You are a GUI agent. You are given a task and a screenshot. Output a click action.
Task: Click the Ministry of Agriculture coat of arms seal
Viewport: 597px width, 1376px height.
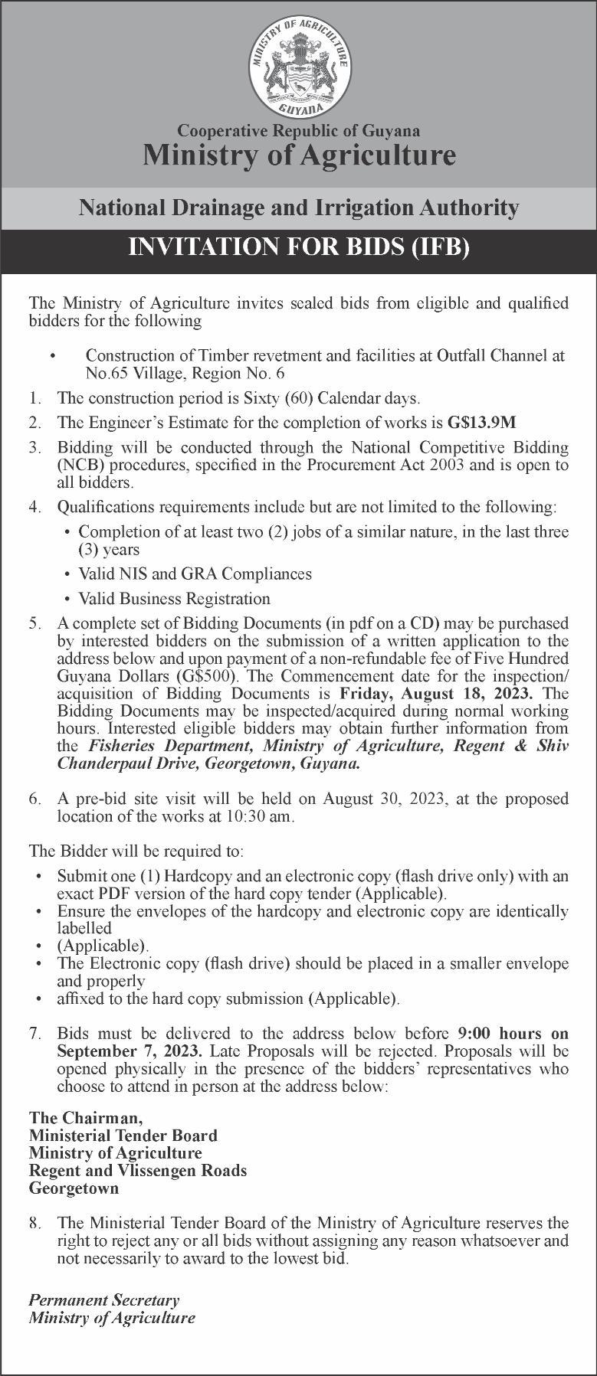click(298, 67)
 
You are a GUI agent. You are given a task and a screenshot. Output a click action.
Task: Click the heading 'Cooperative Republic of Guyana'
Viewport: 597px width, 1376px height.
click(298, 131)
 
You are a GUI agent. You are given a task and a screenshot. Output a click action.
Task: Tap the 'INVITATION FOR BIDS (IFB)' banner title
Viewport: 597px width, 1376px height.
click(298, 247)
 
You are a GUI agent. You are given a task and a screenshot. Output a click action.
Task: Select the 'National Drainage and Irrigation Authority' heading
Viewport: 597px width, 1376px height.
click(298, 208)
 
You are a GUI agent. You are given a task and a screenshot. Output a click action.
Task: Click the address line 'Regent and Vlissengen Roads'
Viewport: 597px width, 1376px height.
click(138, 1171)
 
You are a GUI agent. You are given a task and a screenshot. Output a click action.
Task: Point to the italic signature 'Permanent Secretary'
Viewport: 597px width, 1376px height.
click(104, 1299)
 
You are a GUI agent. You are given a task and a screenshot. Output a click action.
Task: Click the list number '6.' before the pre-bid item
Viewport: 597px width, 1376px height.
click(35, 799)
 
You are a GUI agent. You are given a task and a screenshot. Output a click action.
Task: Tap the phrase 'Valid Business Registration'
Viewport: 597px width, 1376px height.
click(174, 598)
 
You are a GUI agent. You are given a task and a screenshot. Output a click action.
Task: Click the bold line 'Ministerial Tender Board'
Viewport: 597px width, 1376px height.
click(123, 1136)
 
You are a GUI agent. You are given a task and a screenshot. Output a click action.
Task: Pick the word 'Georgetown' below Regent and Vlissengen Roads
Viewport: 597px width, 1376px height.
click(74, 1188)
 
